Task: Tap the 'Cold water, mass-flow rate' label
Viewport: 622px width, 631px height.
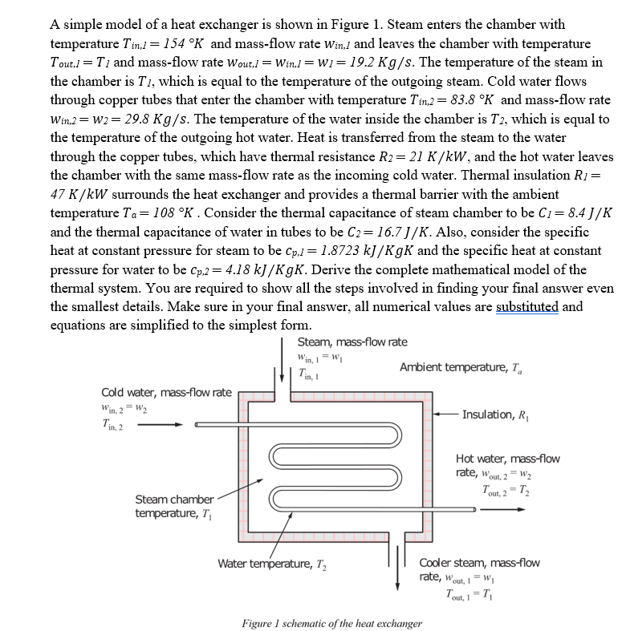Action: click(x=166, y=392)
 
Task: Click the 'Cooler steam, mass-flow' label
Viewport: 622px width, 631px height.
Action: click(x=479, y=563)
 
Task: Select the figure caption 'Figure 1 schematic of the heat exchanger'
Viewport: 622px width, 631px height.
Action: click(x=331, y=623)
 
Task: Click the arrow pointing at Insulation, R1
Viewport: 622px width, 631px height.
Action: click(x=447, y=414)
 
